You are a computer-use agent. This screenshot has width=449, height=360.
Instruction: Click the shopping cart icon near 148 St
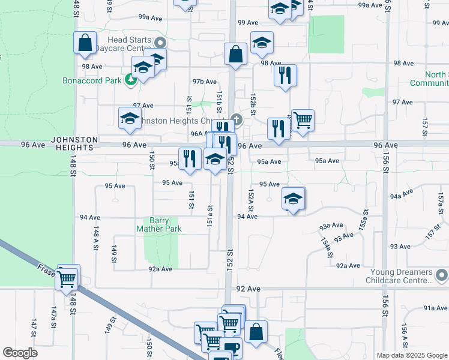coord(67,278)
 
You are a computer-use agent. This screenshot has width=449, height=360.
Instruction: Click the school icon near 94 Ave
coord(292,200)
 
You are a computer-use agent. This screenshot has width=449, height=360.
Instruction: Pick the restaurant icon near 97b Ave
coord(285,76)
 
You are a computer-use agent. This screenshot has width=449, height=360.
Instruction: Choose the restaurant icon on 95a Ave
coord(190,158)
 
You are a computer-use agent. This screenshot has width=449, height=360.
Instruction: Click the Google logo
coord(20,353)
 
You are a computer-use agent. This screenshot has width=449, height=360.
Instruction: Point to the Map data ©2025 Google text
coord(411,355)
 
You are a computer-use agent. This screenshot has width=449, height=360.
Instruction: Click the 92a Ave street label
coord(160,269)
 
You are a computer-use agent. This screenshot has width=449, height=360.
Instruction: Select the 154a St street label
coord(327,248)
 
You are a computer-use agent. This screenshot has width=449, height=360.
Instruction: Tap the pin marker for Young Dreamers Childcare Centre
coord(442,276)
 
